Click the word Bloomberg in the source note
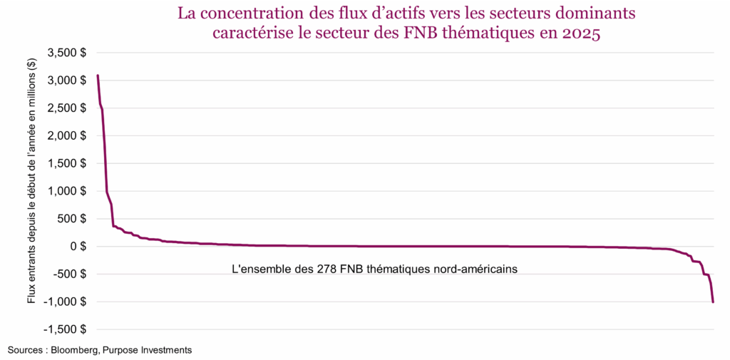[76, 350]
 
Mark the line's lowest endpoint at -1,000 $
[713, 302]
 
